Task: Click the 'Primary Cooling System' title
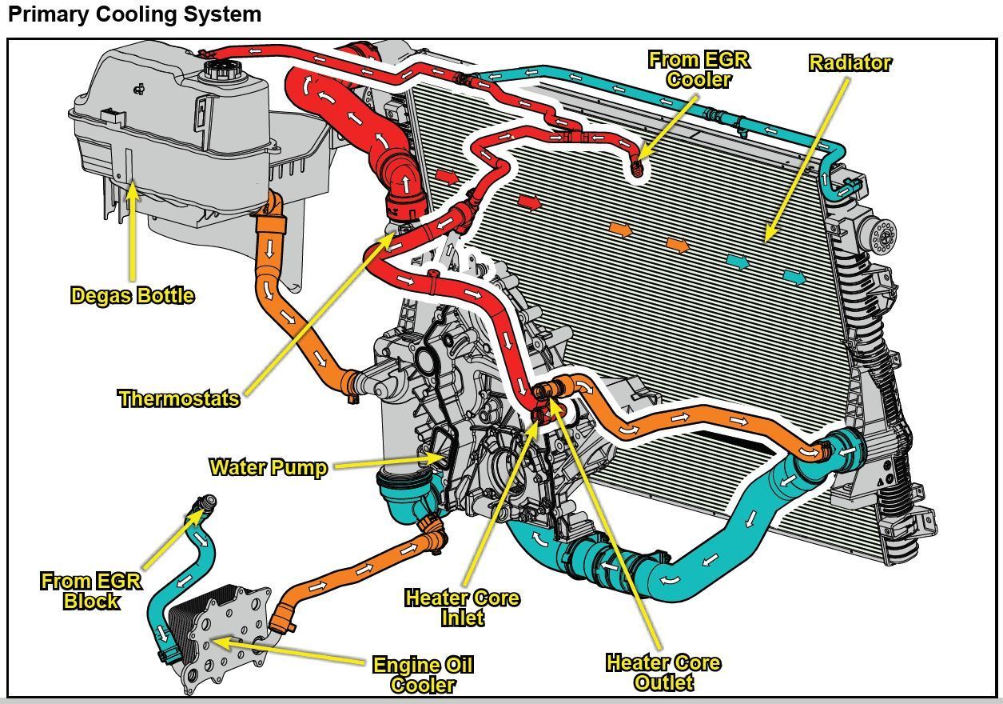coord(134,14)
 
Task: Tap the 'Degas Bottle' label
coord(133,295)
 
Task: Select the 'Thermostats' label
coord(179,398)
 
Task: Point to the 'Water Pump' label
coord(268,467)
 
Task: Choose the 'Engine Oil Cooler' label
coord(423,674)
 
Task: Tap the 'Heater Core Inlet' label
coord(462,607)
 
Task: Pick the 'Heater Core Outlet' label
coord(663,672)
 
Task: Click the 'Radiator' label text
coord(850,62)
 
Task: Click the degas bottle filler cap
coord(217,67)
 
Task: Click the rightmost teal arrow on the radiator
coord(794,277)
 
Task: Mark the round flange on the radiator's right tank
coord(883,234)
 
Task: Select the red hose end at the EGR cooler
coord(637,169)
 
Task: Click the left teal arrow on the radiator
coord(738,261)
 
